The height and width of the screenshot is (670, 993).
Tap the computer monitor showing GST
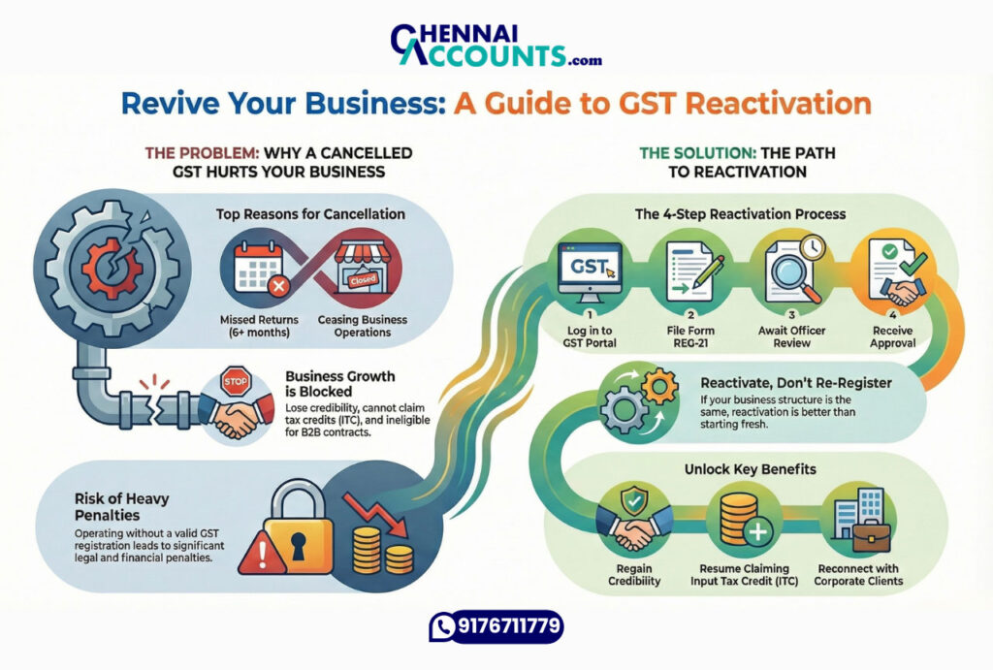tap(589, 265)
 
